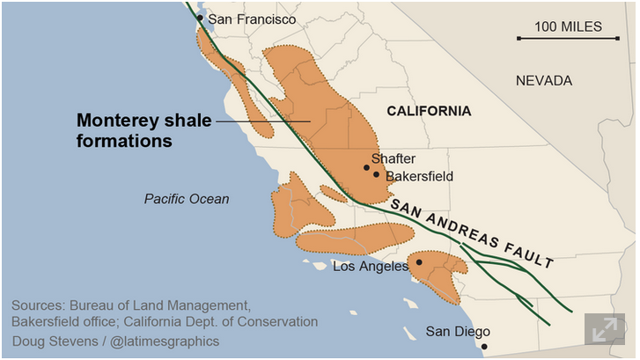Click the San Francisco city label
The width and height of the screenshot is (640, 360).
[252, 18]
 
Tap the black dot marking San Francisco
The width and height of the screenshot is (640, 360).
[200, 18]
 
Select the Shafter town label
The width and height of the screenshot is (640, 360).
[393, 158]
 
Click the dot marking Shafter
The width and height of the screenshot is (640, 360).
[367, 167]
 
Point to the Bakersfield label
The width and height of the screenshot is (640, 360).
[419, 176]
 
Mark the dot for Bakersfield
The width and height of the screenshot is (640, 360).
[377, 174]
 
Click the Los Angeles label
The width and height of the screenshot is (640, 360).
[371, 266]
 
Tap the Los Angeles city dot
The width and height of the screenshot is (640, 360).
[419, 261]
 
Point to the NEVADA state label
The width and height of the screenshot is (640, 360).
[543, 80]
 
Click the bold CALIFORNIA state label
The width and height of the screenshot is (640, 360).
[429, 111]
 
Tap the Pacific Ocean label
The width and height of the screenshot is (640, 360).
[187, 199]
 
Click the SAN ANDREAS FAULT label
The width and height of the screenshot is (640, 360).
[472, 232]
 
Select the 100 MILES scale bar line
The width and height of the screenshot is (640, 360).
[568, 39]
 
